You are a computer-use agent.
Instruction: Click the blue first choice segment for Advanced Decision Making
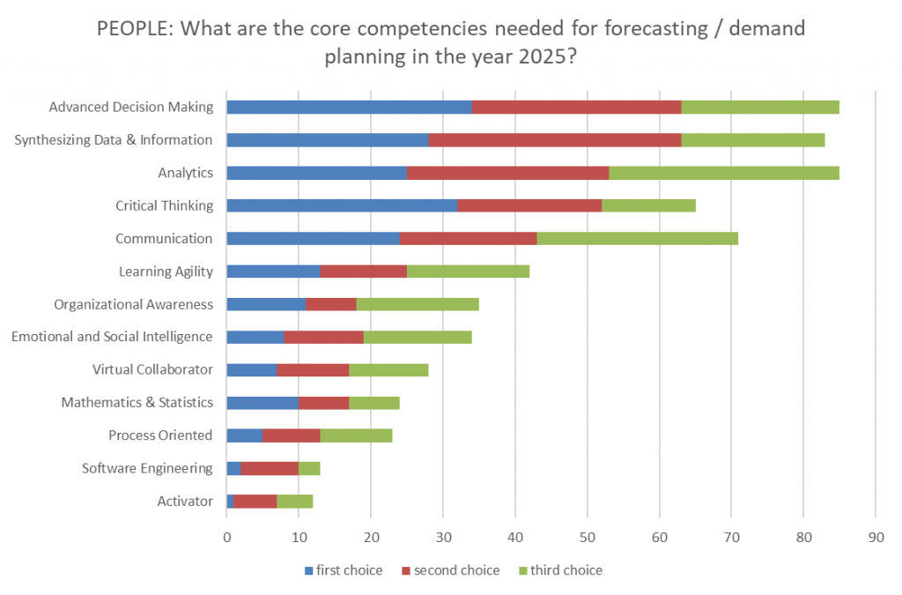click(x=349, y=108)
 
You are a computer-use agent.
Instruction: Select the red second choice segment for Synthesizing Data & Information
click(x=555, y=140)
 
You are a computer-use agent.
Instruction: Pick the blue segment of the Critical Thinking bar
click(x=342, y=205)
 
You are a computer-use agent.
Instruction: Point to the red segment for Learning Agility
click(x=364, y=271)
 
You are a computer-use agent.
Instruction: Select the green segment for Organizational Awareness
click(x=418, y=304)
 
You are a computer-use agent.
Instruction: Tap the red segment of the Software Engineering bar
click(x=270, y=468)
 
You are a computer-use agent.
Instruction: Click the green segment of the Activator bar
click(x=294, y=501)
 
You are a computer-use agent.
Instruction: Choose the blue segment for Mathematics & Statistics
click(x=262, y=403)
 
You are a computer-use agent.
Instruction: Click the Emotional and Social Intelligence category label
click(x=112, y=337)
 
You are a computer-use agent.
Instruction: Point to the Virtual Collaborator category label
click(x=152, y=369)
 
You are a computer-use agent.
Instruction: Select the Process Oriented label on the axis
click(x=160, y=435)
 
